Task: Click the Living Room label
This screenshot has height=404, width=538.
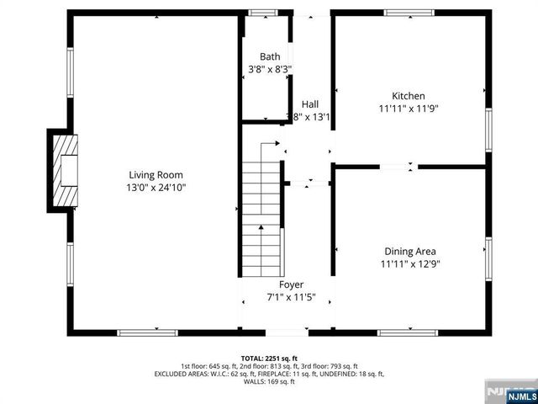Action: [150, 175]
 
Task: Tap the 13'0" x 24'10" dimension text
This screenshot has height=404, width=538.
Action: [150, 188]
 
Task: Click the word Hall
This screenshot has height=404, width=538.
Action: [310, 104]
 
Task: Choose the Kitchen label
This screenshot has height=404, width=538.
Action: [409, 96]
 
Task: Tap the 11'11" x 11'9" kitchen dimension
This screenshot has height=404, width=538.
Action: [409, 109]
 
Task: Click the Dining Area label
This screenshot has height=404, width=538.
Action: [409, 251]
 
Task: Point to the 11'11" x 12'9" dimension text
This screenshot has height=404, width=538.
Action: [409, 263]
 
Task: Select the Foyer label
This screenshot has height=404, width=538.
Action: [291, 284]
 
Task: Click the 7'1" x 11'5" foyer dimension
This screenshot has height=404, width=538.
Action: [291, 297]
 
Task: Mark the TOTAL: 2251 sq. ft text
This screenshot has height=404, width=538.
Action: [269, 359]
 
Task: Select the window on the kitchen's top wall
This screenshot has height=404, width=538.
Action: [409, 13]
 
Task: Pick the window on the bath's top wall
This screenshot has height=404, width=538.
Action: [263, 13]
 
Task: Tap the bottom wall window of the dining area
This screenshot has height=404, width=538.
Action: [408, 333]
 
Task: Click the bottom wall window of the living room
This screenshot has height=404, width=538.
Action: [147, 333]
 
